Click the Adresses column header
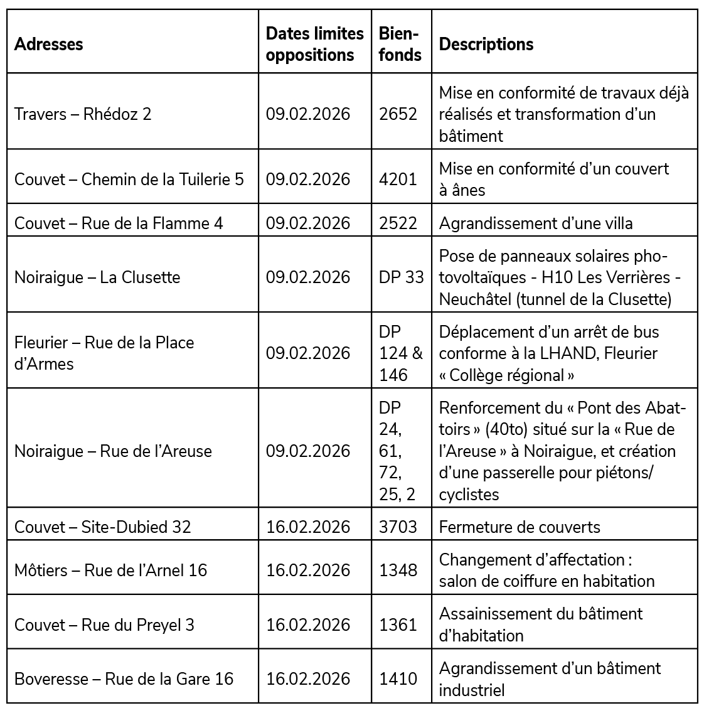pos(49,44)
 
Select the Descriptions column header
pos(486,44)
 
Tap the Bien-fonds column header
pos(400,44)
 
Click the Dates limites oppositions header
pos(314,44)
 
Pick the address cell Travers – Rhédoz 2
pos(83,114)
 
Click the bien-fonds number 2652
pos(398,114)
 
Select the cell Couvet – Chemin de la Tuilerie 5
pos(129,180)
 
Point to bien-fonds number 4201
pos(398,180)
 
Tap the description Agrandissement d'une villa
pos(536,223)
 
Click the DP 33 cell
pos(401,277)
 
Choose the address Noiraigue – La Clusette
pos(97,277)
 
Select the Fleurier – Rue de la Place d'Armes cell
pos(104,353)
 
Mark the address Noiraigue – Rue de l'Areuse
pos(113,451)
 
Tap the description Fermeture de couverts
pos(520,527)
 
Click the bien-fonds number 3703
pos(398,527)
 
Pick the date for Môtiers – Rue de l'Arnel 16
pos(308,570)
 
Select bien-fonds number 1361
pos(398,625)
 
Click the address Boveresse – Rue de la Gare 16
pos(124,679)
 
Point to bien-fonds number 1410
pos(398,679)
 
